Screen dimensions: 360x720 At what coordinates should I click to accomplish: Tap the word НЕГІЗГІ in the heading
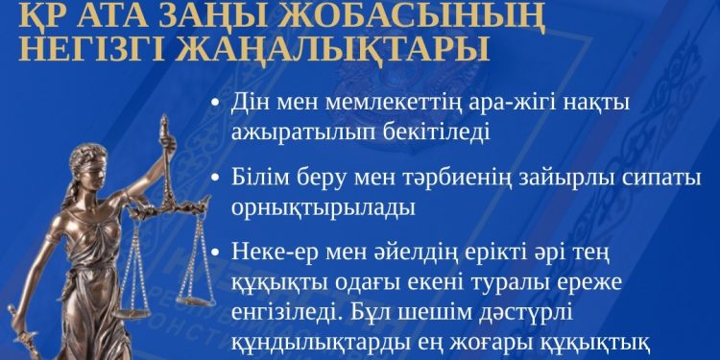tap(113, 47)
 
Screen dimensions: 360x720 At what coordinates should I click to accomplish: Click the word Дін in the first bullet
tap(252, 103)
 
